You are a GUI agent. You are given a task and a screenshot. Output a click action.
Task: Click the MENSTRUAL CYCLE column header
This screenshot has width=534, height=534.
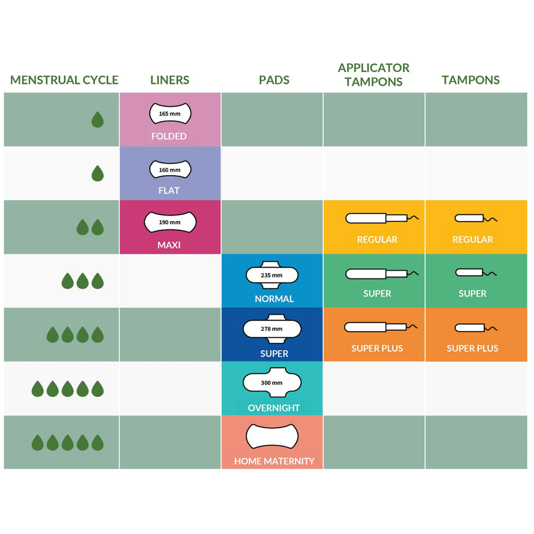(64, 80)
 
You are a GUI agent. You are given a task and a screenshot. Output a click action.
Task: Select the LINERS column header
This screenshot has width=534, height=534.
(170, 80)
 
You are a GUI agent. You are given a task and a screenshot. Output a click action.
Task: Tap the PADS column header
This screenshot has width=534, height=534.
(274, 80)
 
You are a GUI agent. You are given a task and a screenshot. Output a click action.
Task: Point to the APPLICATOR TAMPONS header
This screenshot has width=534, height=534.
(373, 74)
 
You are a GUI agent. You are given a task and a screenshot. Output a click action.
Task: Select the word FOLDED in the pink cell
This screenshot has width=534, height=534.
(169, 136)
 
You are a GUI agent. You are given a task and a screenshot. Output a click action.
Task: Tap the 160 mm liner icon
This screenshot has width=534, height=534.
(170, 169)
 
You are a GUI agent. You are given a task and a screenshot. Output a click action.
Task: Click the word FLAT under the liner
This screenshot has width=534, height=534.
(169, 191)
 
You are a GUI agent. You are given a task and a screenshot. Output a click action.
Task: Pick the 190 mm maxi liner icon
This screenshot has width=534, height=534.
(170, 222)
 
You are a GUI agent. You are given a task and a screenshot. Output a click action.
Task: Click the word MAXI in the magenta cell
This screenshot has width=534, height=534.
(169, 245)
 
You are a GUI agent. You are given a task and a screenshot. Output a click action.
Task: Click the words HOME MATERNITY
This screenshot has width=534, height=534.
(274, 461)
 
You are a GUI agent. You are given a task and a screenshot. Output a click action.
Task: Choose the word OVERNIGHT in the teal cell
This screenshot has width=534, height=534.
(274, 408)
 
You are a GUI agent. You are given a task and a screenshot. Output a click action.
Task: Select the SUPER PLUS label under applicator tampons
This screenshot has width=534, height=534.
(377, 348)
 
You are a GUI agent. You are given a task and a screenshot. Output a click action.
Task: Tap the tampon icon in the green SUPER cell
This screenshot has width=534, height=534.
(476, 273)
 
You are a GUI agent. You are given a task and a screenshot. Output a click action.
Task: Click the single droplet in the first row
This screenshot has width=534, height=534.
(97, 119)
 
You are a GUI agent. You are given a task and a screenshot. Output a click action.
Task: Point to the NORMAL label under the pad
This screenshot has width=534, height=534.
(274, 299)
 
